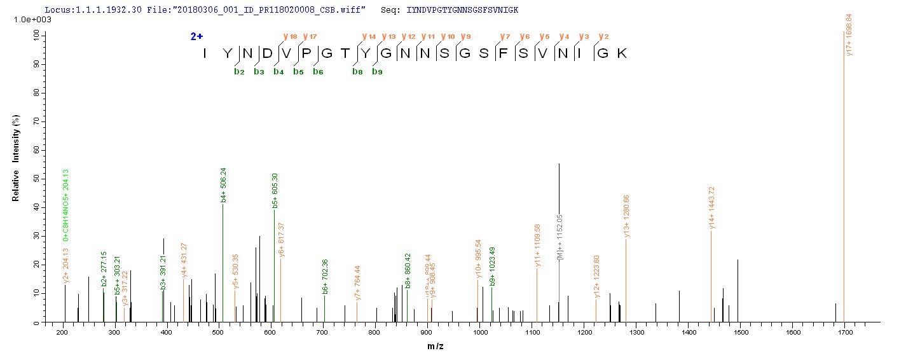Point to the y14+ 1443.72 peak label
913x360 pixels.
coord(712,207)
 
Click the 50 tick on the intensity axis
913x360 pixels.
coord(36,179)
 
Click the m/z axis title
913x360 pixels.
coord(462,347)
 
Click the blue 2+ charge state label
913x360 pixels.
coord(197,37)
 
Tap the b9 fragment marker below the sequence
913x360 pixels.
coord(378,72)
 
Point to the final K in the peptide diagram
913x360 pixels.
coord(622,53)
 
